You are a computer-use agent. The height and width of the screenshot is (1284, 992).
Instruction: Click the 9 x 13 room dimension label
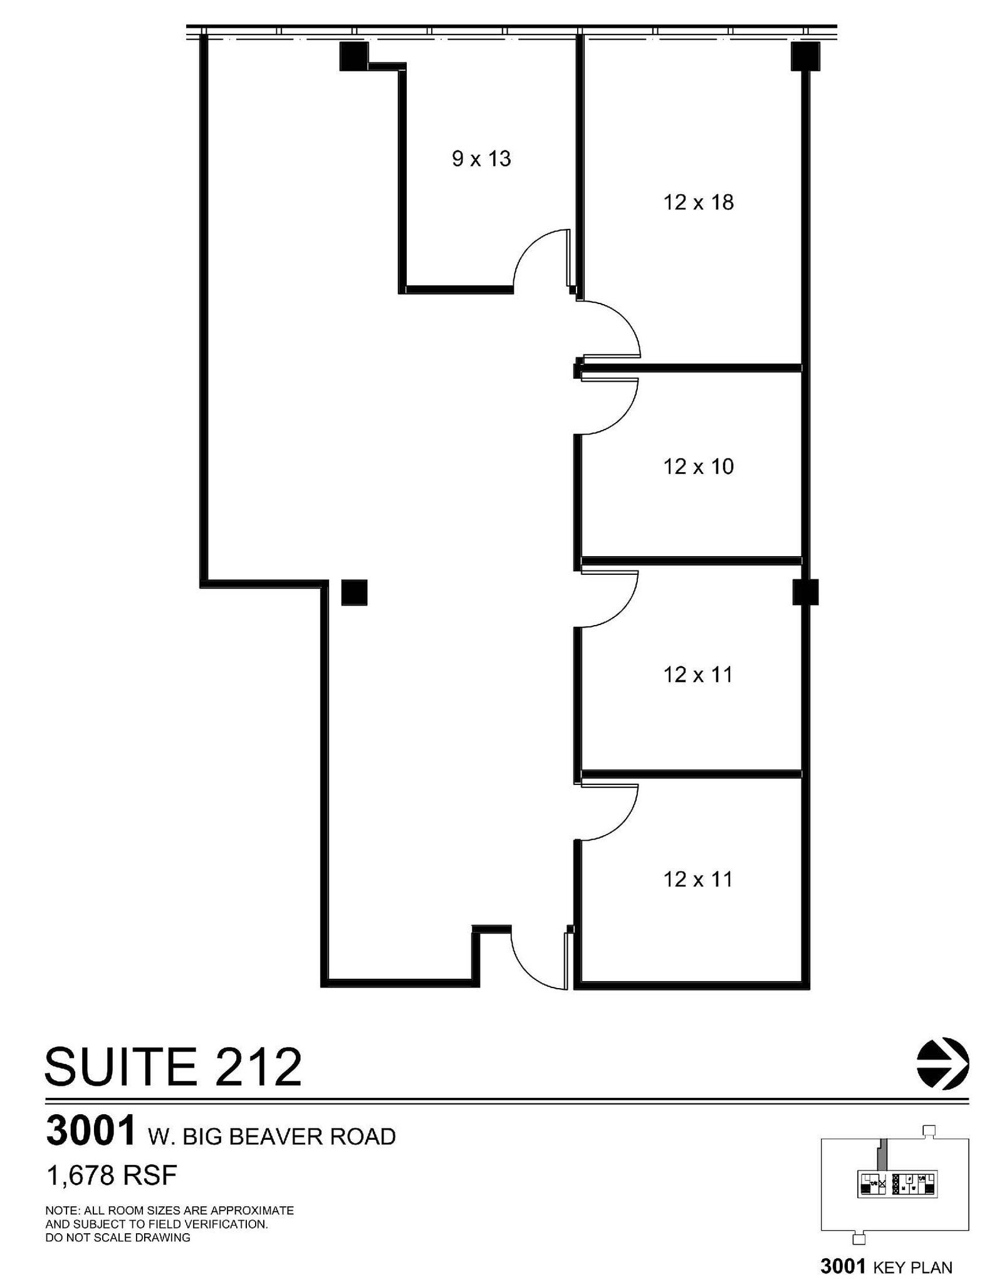pyautogui.click(x=481, y=159)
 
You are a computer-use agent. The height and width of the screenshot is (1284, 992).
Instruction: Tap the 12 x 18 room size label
pyautogui.click(x=698, y=203)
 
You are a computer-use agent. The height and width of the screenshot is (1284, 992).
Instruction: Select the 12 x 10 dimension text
pyautogui.click(x=698, y=466)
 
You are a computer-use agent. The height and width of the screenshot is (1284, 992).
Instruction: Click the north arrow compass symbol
pyautogui.click(x=942, y=1064)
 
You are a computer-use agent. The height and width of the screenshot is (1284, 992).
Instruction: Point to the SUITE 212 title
pyautogui.click(x=173, y=1067)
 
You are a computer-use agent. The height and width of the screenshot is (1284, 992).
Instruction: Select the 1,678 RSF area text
pyautogui.click(x=112, y=1175)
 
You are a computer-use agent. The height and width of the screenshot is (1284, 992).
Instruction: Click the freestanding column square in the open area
pyautogui.click(x=354, y=592)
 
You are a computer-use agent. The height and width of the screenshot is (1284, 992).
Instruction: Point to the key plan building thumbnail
pyautogui.click(x=894, y=1185)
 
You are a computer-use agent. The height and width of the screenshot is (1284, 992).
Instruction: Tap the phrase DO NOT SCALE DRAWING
pyautogui.click(x=118, y=1238)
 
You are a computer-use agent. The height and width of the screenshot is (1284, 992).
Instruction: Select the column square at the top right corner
pyautogui.click(x=805, y=56)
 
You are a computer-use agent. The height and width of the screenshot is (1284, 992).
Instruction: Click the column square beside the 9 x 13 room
pyautogui.click(x=353, y=56)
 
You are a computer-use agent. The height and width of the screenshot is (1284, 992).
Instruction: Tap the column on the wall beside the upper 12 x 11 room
pyautogui.click(x=805, y=592)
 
